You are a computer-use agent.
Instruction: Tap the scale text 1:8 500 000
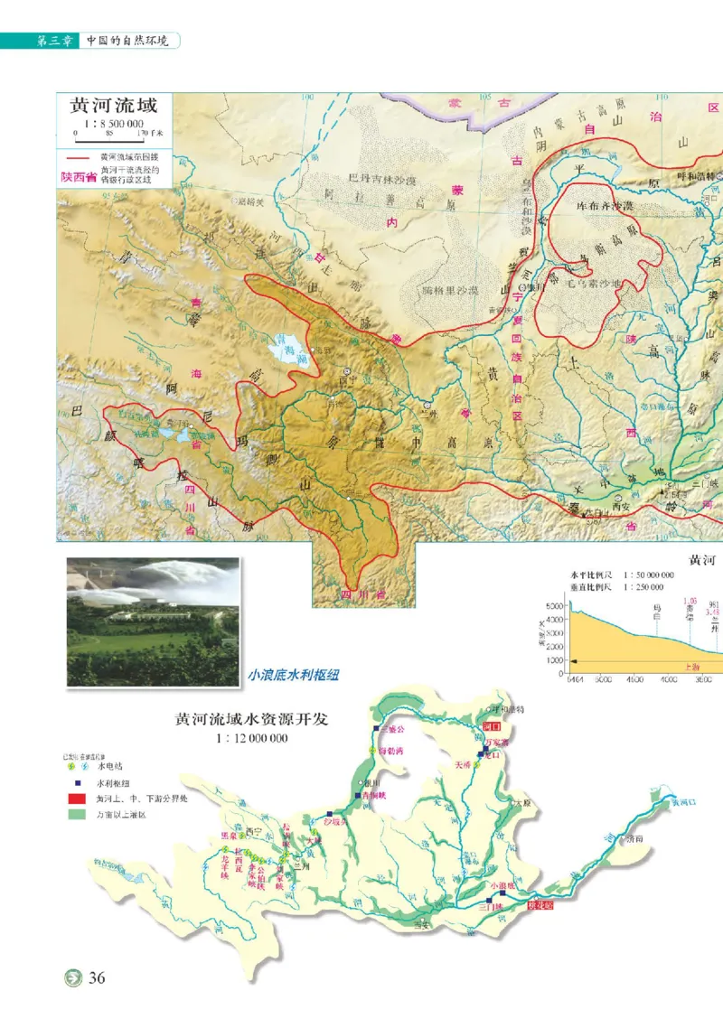[x=114, y=124]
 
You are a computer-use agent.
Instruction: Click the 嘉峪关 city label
[x=247, y=201]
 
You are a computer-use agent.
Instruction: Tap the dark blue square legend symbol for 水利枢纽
[x=77, y=782]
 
